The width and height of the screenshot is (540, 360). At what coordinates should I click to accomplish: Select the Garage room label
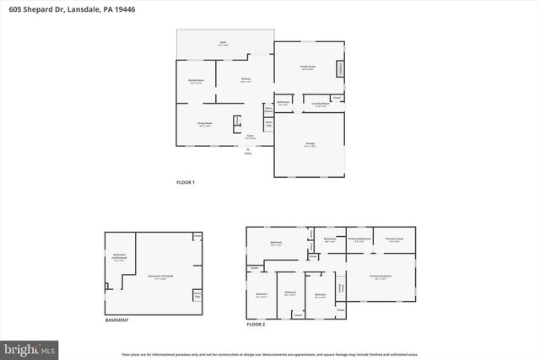pyautogui.click(x=310, y=145)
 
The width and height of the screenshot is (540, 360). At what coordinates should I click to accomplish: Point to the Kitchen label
pyautogui.click(x=245, y=81)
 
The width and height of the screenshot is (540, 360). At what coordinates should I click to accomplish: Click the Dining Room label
pyautogui.click(x=196, y=81)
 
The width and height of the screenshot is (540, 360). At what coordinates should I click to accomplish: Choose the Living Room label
pyautogui.click(x=204, y=124)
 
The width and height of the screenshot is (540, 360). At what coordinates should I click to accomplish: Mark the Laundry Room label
pyautogui.click(x=320, y=105)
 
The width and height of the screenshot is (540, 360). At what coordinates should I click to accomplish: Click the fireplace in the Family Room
pyautogui.click(x=341, y=68)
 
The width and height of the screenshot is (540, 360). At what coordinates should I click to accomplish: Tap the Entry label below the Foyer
pyautogui.click(x=248, y=153)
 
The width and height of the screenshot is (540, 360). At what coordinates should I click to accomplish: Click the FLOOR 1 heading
pyautogui.click(x=185, y=183)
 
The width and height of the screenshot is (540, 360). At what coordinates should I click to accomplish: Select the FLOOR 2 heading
pyautogui.click(x=256, y=324)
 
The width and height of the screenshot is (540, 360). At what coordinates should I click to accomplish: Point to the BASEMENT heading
pyautogui.click(x=116, y=320)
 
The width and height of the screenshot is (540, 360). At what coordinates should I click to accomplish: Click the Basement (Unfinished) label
pyautogui.click(x=119, y=259)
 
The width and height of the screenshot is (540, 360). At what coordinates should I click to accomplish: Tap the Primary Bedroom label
pyautogui.click(x=381, y=277)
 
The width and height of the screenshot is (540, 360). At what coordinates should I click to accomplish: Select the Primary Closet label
pyautogui.click(x=394, y=239)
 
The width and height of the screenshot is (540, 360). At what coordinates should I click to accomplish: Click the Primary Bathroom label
pyautogui.click(x=360, y=239)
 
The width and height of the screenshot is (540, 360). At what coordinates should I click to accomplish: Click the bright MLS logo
pyautogui.click(x=30, y=347)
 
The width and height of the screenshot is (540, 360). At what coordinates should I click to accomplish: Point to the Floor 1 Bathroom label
pyautogui.click(x=283, y=104)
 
